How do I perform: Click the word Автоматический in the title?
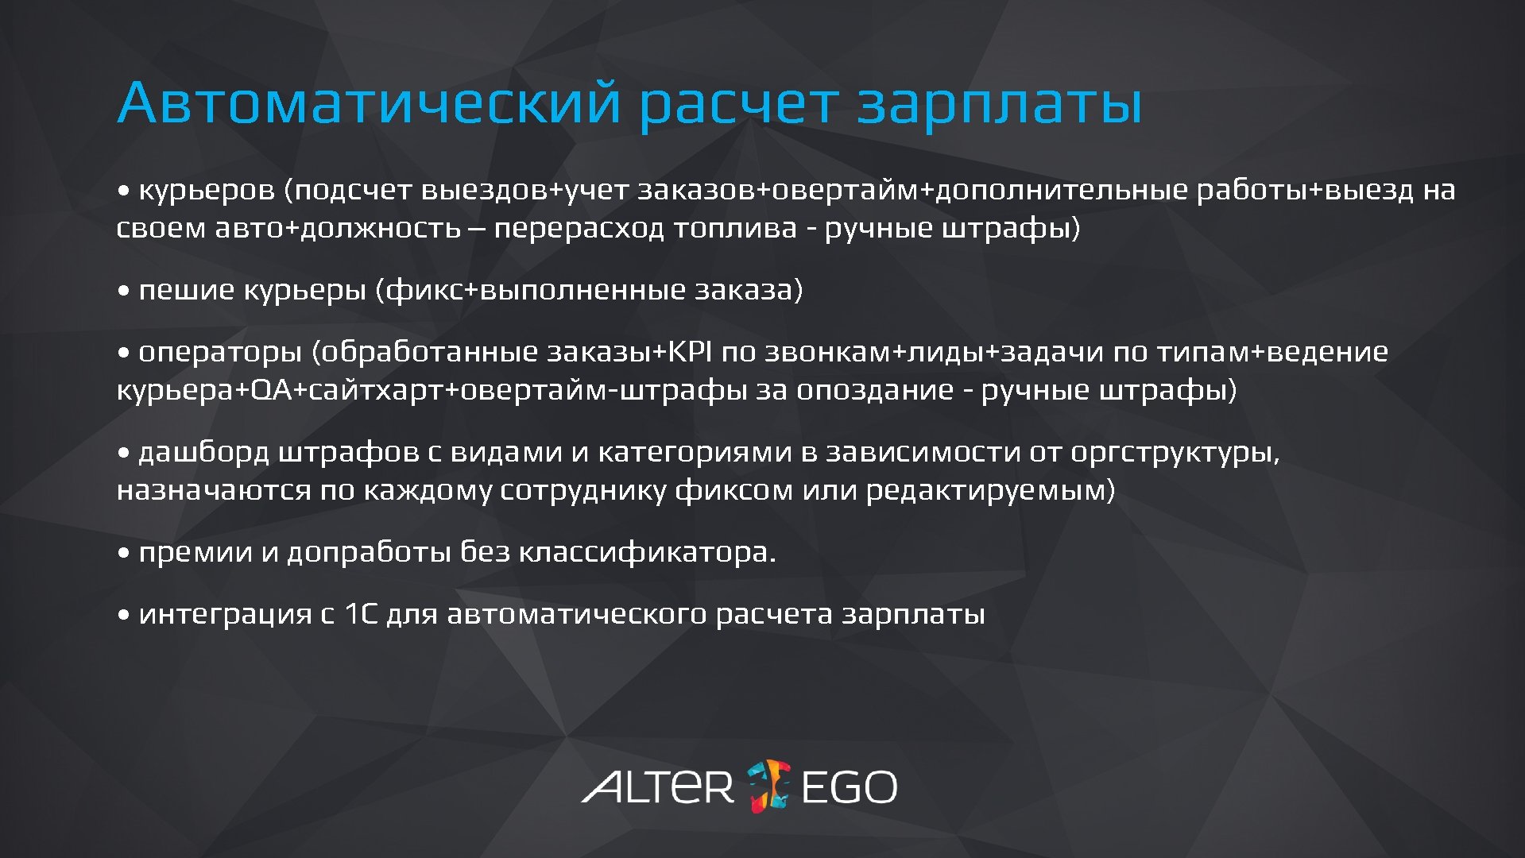point(368,103)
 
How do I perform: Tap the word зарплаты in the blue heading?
point(999,103)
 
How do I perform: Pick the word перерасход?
point(579,228)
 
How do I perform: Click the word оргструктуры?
point(1174,452)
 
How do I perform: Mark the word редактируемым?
point(989,490)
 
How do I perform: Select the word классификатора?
point(647,552)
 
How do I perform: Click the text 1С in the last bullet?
point(361,613)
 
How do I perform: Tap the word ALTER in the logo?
point(657,786)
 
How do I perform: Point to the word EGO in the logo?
point(849,786)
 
